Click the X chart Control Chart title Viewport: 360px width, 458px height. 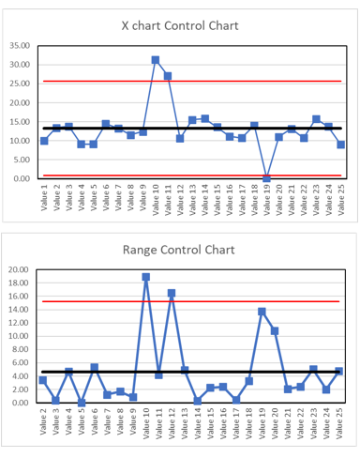(186, 24)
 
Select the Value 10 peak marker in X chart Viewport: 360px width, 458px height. (156, 60)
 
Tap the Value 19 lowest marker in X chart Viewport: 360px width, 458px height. (266, 177)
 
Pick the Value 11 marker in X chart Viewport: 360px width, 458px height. (168, 76)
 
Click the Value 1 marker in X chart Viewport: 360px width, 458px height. (44, 141)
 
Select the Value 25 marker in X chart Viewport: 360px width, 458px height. (340, 145)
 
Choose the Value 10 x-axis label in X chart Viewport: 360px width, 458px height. (156, 202)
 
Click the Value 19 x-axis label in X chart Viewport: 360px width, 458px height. (266, 202)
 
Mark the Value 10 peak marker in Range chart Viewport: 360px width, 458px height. (146, 277)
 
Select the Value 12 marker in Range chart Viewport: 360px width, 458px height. (172, 293)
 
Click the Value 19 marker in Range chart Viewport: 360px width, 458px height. (262, 311)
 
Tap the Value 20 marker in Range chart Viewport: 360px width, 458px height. (275, 330)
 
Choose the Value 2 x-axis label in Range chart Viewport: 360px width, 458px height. (43, 427)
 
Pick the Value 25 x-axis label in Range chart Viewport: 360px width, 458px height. (338, 427)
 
